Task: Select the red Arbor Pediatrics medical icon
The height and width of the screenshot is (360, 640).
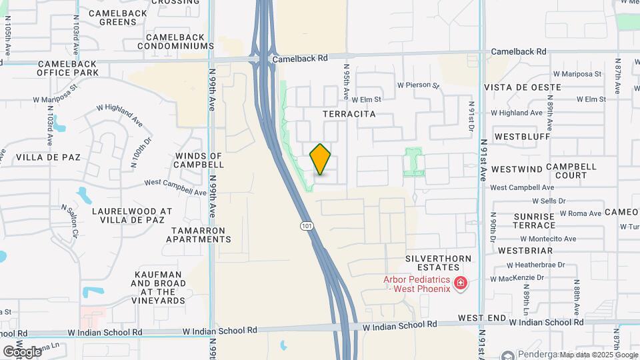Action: click(x=460, y=284)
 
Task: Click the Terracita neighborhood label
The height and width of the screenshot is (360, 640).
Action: click(x=349, y=114)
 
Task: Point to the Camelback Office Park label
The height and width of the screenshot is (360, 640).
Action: click(x=67, y=68)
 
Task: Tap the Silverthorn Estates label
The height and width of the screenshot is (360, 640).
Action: click(x=438, y=263)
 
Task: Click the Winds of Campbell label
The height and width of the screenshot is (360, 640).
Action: click(x=199, y=160)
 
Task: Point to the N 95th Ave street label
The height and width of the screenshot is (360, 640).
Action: click(x=346, y=81)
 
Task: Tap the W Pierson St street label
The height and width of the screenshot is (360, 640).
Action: click(x=418, y=85)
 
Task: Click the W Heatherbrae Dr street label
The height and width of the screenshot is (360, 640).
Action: click(x=535, y=264)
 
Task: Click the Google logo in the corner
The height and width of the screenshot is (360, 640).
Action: click(x=22, y=351)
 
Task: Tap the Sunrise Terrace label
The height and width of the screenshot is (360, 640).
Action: click(x=534, y=221)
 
